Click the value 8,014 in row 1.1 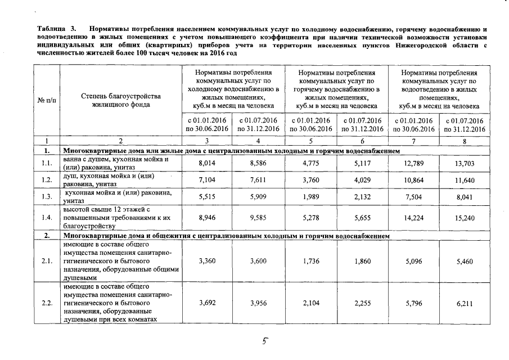point(208,164)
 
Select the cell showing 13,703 point(464,164)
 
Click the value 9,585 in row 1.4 point(259,217)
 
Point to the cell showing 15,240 point(464,217)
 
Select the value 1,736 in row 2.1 point(310,262)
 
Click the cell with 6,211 point(464,303)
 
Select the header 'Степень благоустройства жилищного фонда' point(120,100)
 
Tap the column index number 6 point(362,141)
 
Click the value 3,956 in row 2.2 point(259,303)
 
